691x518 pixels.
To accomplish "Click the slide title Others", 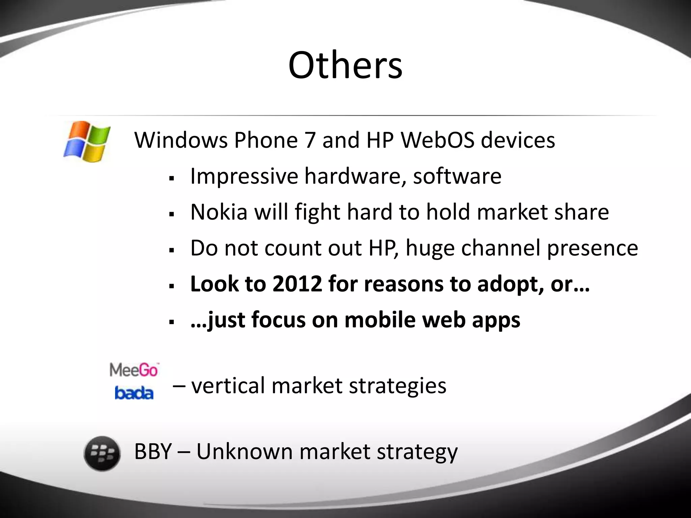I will point(345,65).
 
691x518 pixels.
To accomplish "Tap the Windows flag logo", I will point(87,141).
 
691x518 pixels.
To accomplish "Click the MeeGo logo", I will point(134,370).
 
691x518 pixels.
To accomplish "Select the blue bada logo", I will point(134,393).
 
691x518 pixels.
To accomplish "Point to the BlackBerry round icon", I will point(102,454).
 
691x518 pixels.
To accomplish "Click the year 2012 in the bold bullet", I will point(297,284).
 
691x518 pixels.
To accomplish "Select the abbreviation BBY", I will point(153,452).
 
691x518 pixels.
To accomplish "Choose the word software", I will point(457,176).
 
